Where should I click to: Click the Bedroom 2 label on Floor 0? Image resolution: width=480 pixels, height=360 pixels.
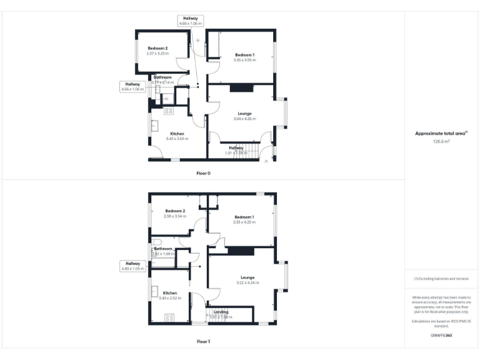tap(157, 48)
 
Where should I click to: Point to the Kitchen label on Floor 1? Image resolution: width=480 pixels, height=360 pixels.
tap(170, 292)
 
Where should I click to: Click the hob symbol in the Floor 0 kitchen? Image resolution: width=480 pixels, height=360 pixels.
tap(168, 111)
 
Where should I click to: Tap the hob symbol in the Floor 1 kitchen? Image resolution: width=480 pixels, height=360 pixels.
tap(169, 317)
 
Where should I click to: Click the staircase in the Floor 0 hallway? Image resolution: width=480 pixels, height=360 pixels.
tap(250, 151)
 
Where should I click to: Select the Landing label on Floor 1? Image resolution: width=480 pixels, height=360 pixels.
tap(221, 311)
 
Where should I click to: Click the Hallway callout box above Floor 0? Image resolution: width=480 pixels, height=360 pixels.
tap(188, 21)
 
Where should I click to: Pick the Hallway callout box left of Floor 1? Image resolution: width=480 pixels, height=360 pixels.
tap(132, 266)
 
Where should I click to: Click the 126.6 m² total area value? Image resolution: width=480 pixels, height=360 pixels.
tap(442, 142)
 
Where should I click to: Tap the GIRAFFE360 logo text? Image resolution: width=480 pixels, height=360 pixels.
tap(441, 336)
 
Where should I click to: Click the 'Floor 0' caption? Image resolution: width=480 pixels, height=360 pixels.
tap(203, 172)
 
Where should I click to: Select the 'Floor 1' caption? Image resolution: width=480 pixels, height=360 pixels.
tap(203, 342)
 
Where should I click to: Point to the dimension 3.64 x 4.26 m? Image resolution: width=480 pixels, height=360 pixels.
tap(245, 119)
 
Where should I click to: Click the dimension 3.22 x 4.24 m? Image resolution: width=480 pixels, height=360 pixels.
tap(247, 283)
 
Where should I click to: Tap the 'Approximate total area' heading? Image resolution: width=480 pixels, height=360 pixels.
tap(441, 133)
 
